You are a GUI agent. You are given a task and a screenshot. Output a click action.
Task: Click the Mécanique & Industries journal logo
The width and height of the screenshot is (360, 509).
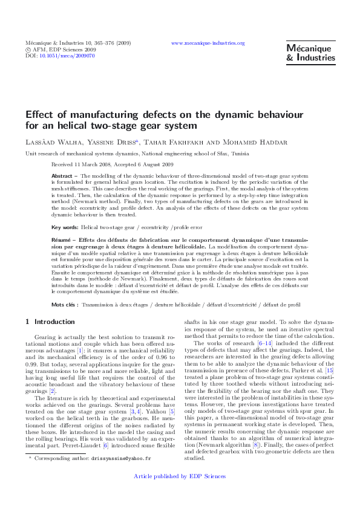(x=310, y=53)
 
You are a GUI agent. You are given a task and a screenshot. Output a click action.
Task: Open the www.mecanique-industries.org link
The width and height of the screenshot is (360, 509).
(x=208, y=44)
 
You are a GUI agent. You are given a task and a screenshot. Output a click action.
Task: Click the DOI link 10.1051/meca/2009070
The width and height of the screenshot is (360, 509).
(x=67, y=56)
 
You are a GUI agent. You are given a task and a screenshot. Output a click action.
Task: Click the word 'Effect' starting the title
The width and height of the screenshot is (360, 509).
(x=40, y=115)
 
